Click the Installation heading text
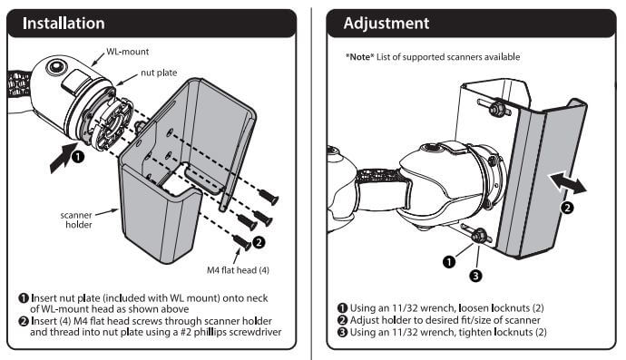[x=64, y=23]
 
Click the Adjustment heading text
[x=386, y=23]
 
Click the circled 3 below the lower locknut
[x=474, y=275]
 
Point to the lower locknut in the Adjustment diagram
[x=474, y=238]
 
